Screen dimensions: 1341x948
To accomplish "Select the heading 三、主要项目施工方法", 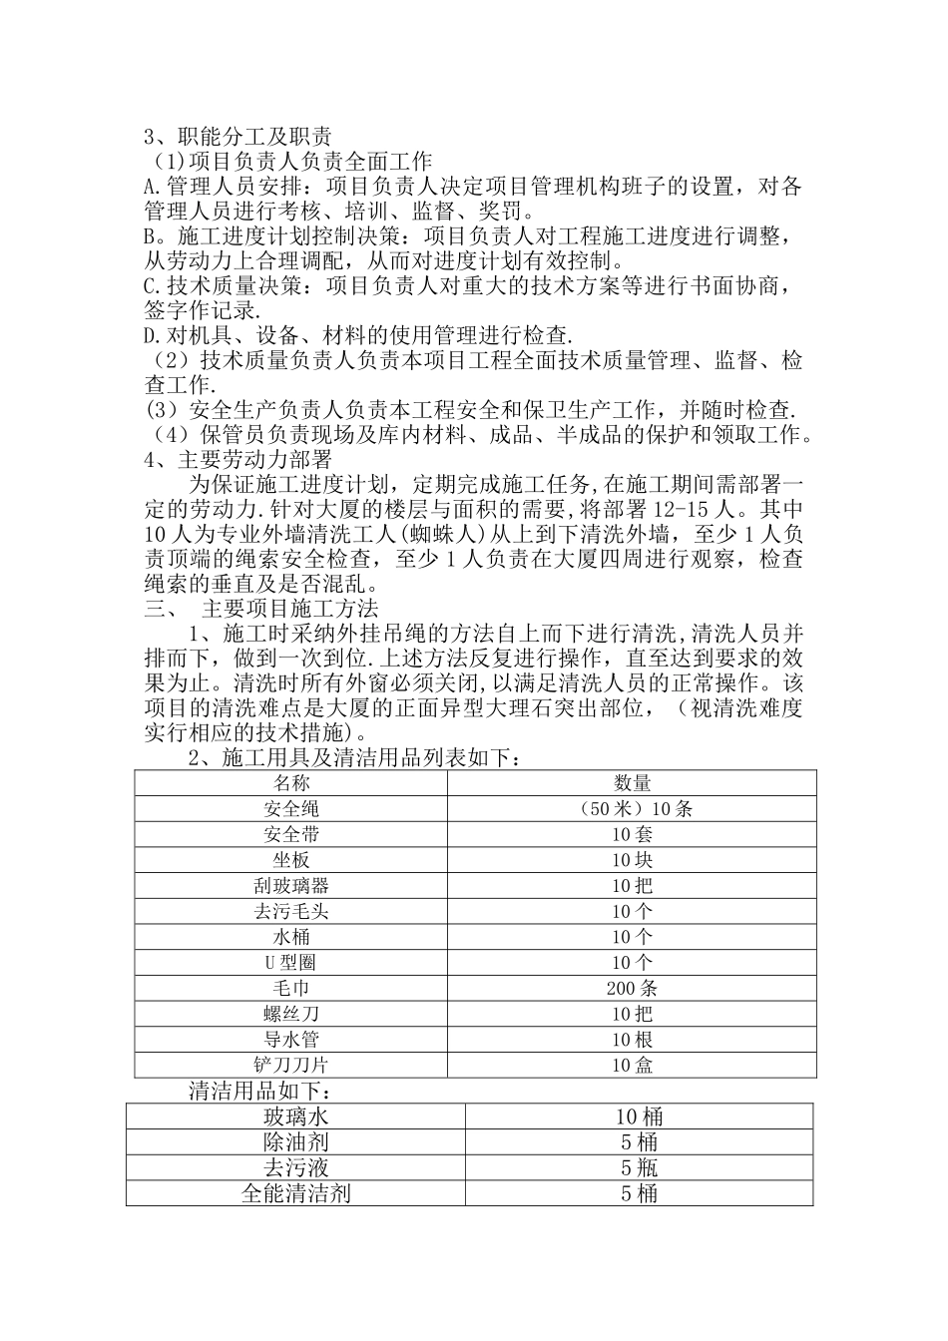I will tap(261, 608).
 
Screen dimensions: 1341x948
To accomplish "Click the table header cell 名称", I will tap(291, 783).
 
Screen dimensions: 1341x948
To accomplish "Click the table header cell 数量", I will tap(632, 783).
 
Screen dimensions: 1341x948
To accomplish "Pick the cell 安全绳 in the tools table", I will tap(291, 809).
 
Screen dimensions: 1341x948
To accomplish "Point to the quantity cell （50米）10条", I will tap(632, 809).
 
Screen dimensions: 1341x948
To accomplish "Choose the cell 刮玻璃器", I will tap(291, 886).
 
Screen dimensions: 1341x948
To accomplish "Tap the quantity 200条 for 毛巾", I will tap(632, 989).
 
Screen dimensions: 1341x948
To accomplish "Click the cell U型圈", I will tap(291, 963).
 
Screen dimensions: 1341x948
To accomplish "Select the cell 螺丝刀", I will tap(291, 1014).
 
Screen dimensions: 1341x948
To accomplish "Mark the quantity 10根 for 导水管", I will tap(632, 1040).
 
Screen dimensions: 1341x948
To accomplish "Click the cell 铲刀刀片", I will tap(291, 1066).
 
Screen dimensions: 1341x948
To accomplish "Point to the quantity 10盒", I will tap(632, 1066).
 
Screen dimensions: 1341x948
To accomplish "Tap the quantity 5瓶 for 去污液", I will tap(639, 1167).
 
